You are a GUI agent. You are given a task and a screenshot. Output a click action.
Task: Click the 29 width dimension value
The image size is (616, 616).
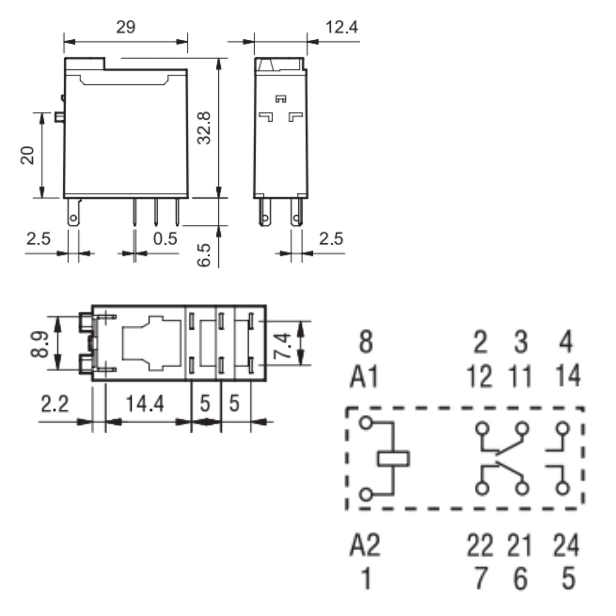[126, 27]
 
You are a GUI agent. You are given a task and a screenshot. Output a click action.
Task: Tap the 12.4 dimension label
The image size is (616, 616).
[341, 27]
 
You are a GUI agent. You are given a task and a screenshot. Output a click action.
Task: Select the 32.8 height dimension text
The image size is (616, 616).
[204, 128]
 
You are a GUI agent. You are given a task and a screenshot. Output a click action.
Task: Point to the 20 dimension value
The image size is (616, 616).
[27, 155]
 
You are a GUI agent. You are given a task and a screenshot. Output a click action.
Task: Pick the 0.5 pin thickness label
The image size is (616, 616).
[165, 239]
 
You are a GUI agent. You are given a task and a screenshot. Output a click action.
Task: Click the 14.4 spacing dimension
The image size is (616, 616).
[145, 403]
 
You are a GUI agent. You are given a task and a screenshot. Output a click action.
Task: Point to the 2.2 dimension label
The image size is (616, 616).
[55, 403]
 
